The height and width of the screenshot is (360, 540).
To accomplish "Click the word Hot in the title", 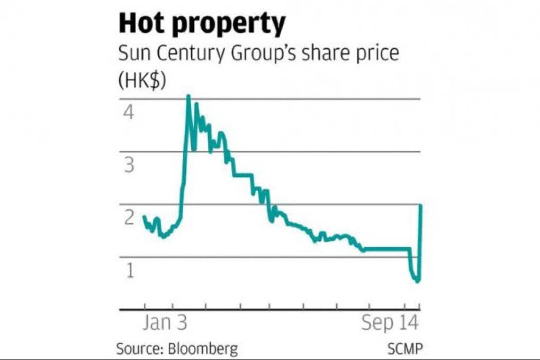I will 143,24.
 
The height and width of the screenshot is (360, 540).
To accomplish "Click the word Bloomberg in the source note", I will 203,349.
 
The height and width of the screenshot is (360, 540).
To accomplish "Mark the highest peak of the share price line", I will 188,96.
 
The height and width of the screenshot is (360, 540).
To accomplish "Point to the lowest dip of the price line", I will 417,281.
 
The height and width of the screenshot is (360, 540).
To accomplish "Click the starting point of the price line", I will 144,216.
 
